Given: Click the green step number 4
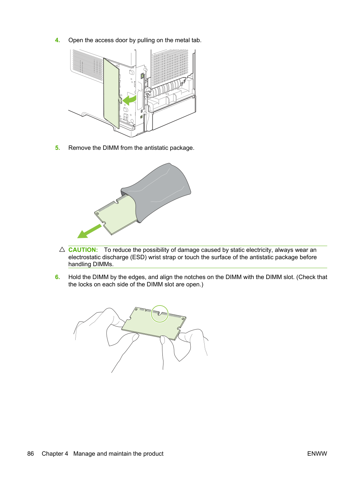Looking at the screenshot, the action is (57, 40).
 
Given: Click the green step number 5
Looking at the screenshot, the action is (57, 148).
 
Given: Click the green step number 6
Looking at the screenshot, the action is (57, 277).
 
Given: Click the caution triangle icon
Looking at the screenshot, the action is (62, 249).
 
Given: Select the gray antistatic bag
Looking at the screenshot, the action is (156, 193).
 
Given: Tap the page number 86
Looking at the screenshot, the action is (30, 454).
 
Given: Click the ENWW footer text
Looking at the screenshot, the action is (317, 454).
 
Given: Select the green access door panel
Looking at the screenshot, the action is (111, 93).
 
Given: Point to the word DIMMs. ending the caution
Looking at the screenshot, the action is (103, 264).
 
